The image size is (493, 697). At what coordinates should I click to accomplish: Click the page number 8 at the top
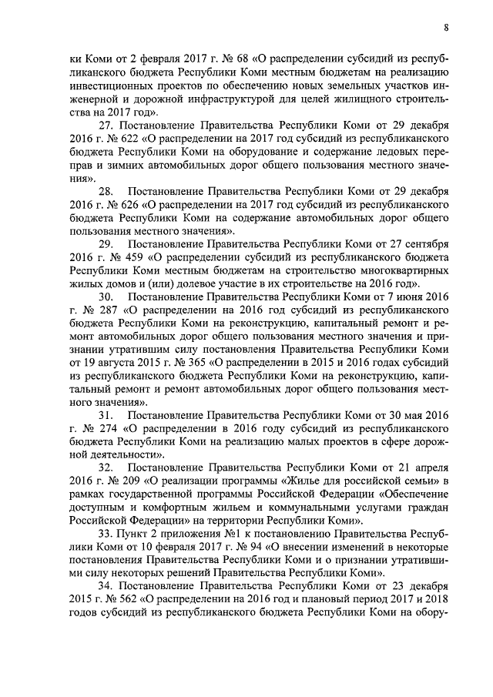[446, 28]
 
